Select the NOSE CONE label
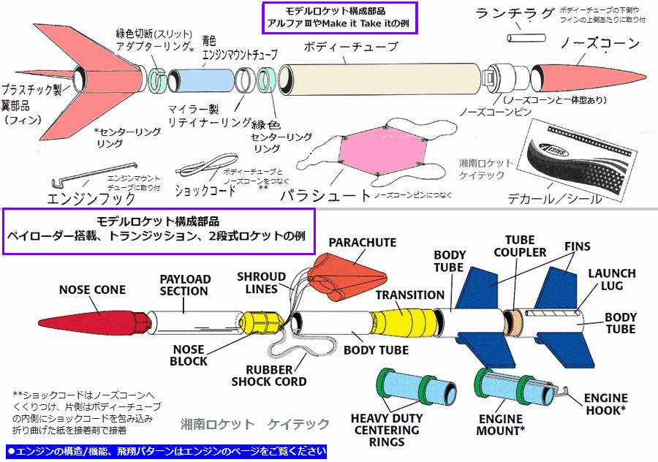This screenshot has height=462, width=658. pos(92,290)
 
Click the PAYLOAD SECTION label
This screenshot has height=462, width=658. pos(185,285)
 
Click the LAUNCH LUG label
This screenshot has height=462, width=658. pos(612,279)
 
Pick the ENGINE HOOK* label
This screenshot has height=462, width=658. pos(606,404)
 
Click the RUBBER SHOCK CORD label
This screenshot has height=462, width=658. pos(269,376)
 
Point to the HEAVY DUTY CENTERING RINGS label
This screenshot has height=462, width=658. pos(387,430)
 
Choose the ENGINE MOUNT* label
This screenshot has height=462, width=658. pos(502,425)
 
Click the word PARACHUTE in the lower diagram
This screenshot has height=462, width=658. pos(362,242)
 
